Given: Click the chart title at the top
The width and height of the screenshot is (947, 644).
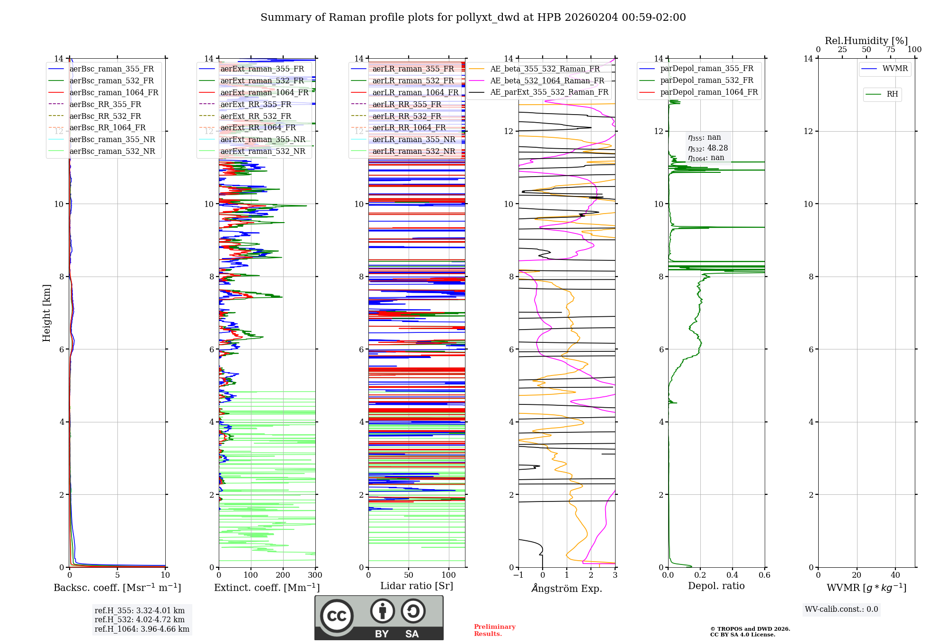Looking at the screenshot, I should [473, 18].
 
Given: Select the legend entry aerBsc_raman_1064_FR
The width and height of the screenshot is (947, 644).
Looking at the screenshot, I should [114, 92].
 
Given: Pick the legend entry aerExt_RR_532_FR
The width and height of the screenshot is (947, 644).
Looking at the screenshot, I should [256, 116].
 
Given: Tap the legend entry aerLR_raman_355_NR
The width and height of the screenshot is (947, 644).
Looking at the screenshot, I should [413, 139].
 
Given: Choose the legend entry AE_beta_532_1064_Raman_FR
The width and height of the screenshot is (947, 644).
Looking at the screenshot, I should [547, 80].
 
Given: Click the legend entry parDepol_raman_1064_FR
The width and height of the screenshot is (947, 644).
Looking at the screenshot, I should [709, 92].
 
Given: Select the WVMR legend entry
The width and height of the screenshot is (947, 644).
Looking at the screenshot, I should [895, 69].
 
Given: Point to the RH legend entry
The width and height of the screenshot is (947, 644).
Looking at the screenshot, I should [892, 94].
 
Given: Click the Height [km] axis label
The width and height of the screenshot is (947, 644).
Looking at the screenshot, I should [46, 313].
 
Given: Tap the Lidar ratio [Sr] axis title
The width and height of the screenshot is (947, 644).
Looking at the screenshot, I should [417, 586].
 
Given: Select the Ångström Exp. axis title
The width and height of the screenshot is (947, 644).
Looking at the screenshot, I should [567, 588].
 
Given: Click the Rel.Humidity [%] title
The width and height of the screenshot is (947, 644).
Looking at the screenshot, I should [866, 41].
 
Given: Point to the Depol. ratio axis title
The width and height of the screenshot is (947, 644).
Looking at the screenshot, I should [716, 586].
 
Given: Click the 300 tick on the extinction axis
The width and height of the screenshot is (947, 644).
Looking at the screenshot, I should [315, 575].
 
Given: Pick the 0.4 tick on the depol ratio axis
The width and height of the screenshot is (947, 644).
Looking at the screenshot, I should [732, 575].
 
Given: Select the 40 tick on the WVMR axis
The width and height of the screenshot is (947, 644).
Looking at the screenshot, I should [895, 575].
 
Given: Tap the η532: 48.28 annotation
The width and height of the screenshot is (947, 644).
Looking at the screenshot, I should [708, 148].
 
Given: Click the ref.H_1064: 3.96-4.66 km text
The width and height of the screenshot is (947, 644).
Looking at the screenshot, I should [142, 629].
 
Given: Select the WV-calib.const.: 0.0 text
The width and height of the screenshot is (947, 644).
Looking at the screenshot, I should [841, 609].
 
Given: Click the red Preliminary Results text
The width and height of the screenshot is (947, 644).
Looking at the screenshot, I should [494, 630].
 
